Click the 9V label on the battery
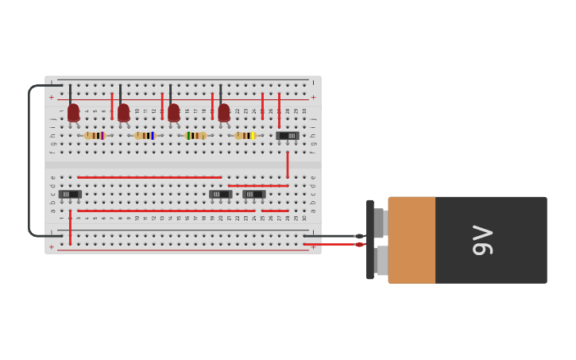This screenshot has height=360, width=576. click(x=482, y=240)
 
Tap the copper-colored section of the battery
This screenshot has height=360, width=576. click(x=412, y=240)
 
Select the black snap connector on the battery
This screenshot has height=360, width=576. click(x=370, y=240)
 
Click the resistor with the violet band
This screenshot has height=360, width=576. click(x=95, y=136)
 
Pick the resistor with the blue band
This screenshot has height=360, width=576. click(x=145, y=136)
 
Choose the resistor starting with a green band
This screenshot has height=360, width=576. click(x=195, y=136)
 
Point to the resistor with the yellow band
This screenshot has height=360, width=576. click(x=245, y=136)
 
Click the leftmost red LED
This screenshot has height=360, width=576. click(x=73, y=113)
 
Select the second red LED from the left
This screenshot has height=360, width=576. click(x=123, y=113)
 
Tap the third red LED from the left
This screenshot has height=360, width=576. click(x=173, y=113)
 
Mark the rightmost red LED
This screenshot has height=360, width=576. click(x=223, y=113)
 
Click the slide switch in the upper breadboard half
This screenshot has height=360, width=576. click(x=288, y=136)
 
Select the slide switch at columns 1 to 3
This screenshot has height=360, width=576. click(x=70, y=194)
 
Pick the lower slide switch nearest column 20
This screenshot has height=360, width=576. click(x=220, y=194)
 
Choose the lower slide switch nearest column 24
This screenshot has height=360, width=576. click(x=253, y=194)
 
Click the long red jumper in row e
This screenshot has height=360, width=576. click(x=149, y=177)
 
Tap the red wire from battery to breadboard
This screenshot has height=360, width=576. click(x=334, y=244)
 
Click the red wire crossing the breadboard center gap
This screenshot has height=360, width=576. click(x=287, y=165)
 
